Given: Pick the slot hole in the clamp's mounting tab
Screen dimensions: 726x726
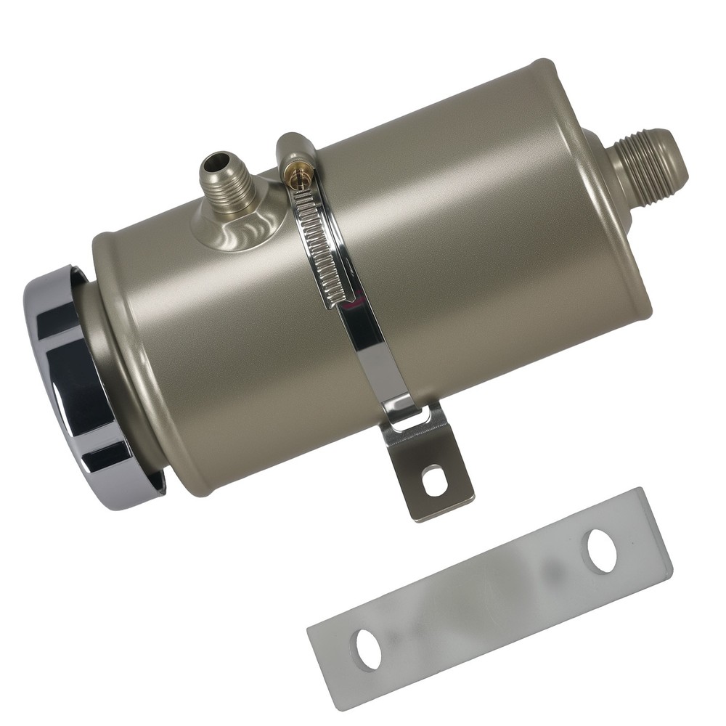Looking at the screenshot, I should point(433,481).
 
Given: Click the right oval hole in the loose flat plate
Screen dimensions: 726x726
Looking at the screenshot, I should point(601,549).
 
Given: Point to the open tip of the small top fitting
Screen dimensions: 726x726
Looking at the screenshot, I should point(216,159).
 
